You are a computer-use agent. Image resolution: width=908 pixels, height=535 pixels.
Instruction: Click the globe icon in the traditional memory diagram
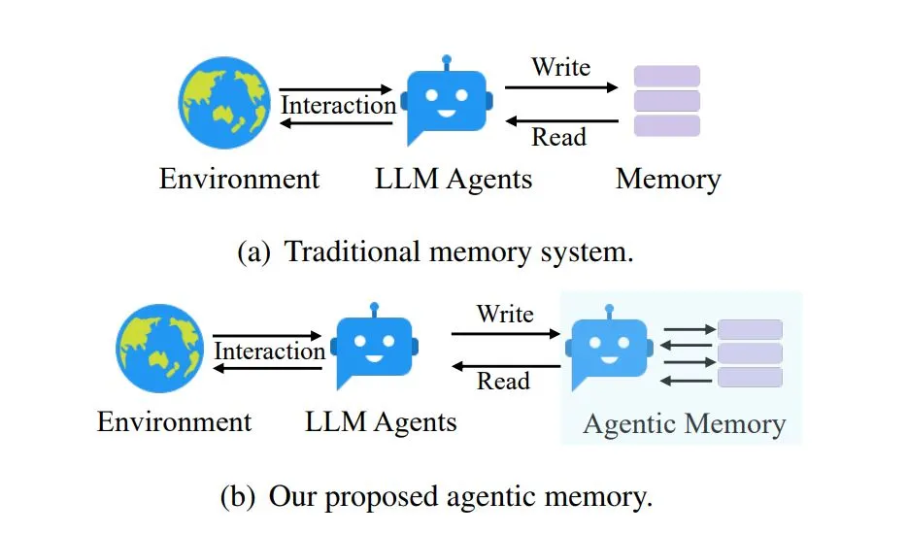click(224, 102)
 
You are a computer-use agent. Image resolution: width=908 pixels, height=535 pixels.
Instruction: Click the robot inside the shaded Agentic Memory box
click(609, 348)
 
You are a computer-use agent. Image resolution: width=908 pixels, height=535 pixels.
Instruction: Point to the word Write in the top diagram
click(560, 67)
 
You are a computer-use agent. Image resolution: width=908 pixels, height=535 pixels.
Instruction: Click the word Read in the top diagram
click(558, 137)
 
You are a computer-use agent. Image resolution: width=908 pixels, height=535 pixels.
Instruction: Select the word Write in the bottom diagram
click(505, 314)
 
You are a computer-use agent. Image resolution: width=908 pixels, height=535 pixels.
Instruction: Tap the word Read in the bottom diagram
click(503, 381)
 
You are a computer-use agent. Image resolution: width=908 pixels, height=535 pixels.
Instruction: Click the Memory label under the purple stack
click(668, 180)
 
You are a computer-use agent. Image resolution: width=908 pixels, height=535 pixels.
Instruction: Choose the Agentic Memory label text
click(684, 424)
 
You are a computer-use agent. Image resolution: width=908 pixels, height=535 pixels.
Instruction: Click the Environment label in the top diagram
click(239, 180)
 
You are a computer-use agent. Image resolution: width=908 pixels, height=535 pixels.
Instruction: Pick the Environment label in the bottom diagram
click(174, 422)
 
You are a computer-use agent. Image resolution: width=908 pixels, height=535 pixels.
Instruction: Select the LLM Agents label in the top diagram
click(454, 180)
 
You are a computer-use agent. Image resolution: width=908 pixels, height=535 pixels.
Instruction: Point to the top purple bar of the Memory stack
click(666, 76)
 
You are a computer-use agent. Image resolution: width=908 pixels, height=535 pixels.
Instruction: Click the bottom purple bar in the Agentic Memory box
click(750, 377)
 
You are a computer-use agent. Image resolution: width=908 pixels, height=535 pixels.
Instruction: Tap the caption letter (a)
click(254, 253)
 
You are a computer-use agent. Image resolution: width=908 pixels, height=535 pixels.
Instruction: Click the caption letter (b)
click(240, 498)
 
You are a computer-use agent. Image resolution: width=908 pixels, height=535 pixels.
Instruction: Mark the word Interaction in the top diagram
click(338, 104)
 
